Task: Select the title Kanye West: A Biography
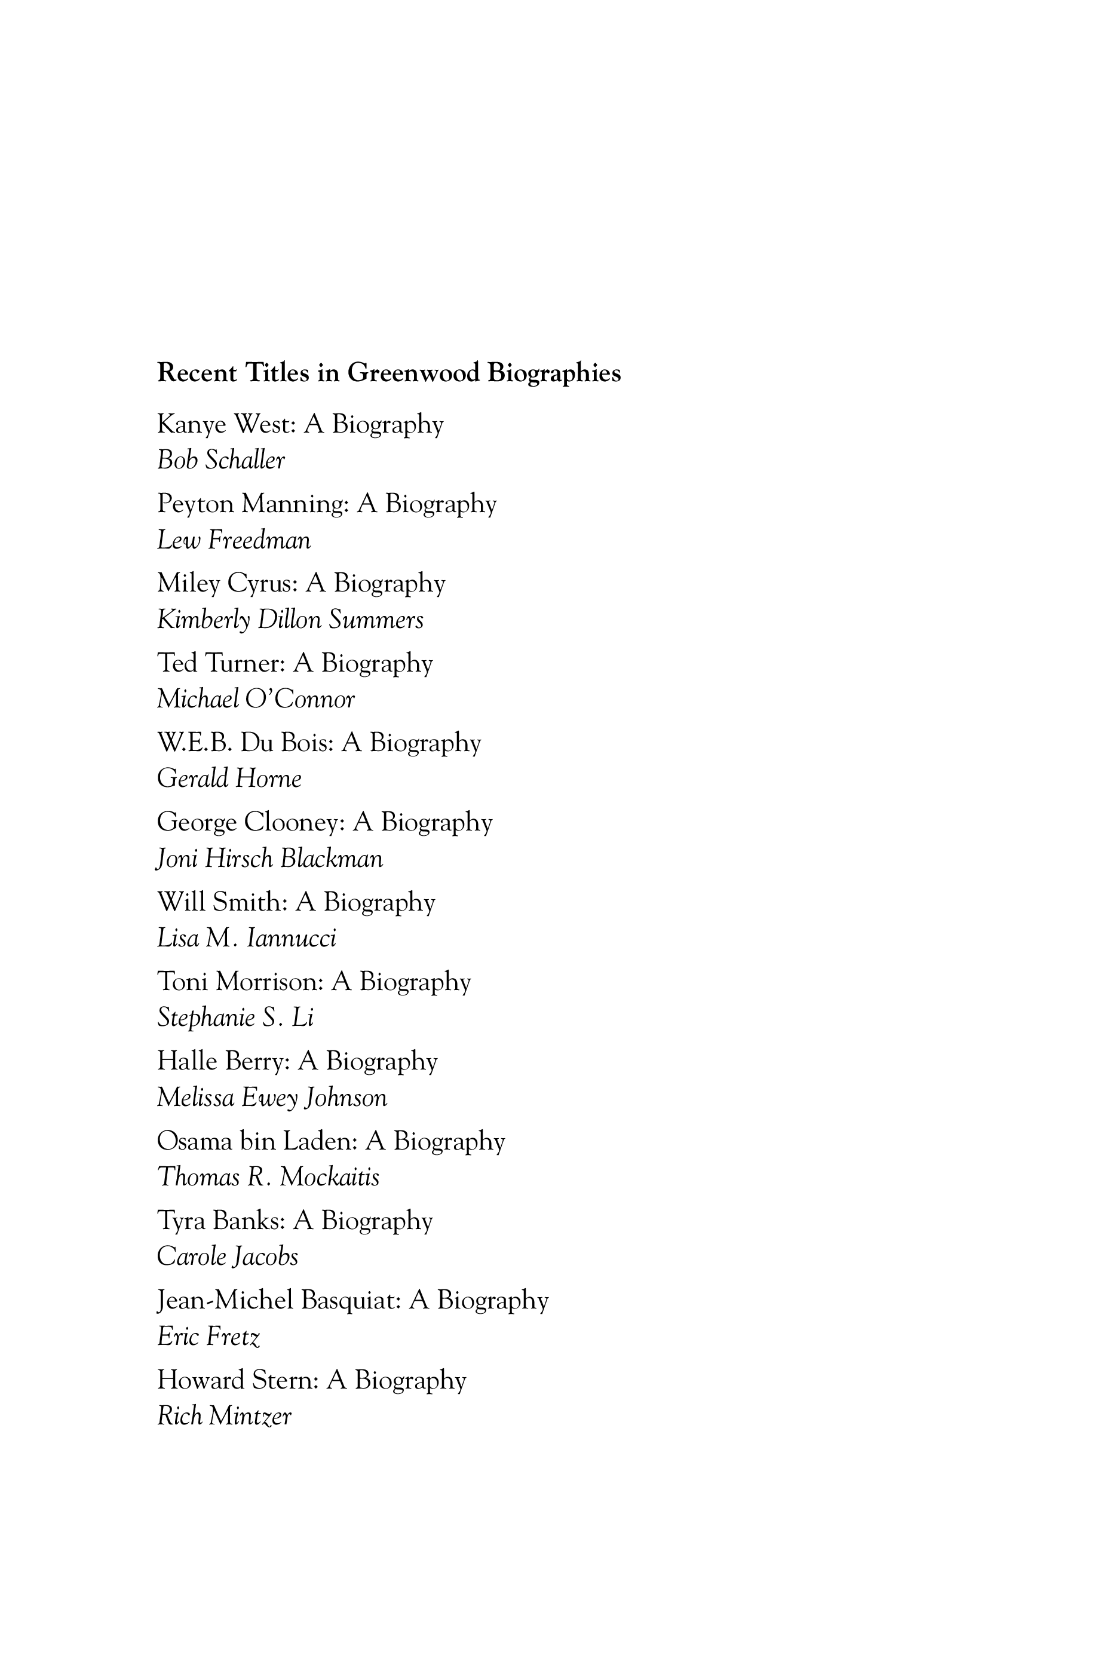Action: pos(300,425)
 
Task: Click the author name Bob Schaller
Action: pos(220,461)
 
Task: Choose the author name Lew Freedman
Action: pos(233,541)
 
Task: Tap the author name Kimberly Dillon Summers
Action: pos(290,620)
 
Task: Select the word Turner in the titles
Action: pos(246,663)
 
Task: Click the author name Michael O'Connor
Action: pos(256,700)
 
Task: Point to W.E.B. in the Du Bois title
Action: pos(194,743)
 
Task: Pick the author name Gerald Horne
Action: pos(229,779)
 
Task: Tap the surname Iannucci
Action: pos(292,938)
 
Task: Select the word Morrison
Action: pos(269,982)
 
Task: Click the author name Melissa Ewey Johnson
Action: pos(272,1097)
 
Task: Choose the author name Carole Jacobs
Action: pos(227,1257)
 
